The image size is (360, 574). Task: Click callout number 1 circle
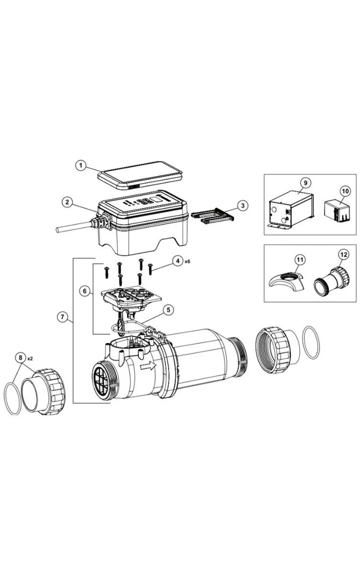tap(82, 165)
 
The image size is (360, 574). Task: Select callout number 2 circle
tap(68, 202)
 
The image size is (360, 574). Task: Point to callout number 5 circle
tap(168, 309)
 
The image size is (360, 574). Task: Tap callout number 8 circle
tap(20, 357)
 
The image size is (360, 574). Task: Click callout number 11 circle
tap(300, 260)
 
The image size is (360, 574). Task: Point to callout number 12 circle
tap(344, 255)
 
